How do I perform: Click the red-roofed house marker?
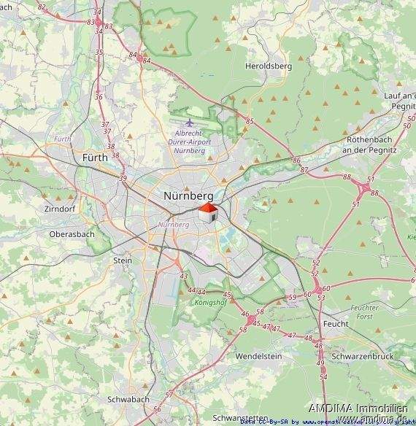pos(208,212)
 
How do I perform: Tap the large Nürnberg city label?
pos(188,196)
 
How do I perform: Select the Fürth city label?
pos(95,157)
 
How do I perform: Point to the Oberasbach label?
pos(72,234)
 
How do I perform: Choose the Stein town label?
pos(123,260)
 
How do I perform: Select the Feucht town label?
pos(335,322)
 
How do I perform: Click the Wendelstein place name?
pos(258,356)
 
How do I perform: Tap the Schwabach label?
pos(128,400)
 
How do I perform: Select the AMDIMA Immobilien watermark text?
pos(357,408)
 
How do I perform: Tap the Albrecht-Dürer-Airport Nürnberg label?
pos(189,142)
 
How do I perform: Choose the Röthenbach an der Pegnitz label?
pos(375,144)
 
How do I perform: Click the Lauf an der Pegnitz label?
pos(399,101)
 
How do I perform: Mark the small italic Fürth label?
pos(62,139)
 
